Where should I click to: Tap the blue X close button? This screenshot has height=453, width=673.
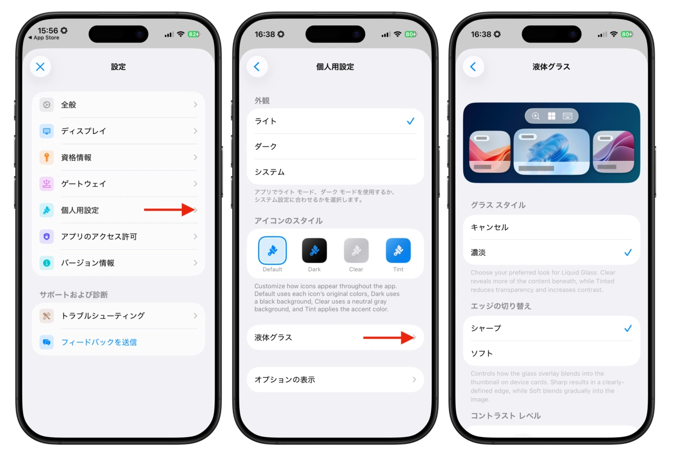pos(40,66)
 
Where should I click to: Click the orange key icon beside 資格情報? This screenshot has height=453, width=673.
pos(47,157)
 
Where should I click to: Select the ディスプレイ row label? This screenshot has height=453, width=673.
pos(84,131)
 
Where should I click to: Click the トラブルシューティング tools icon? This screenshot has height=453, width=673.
pos(47,316)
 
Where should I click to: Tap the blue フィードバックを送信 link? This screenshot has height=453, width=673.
pos(99,342)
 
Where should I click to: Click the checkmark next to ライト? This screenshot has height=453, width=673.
pos(411,121)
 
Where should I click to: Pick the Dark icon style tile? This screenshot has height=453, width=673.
pos(314,250)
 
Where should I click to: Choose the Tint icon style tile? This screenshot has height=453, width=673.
pos(398,250)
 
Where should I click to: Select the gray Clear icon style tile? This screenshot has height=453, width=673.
pos(356,250)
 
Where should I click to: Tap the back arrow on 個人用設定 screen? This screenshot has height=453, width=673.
pos(257,66)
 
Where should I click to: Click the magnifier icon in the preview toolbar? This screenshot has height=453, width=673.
pos(535,116)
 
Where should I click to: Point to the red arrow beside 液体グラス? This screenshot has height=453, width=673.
pos(389,338)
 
